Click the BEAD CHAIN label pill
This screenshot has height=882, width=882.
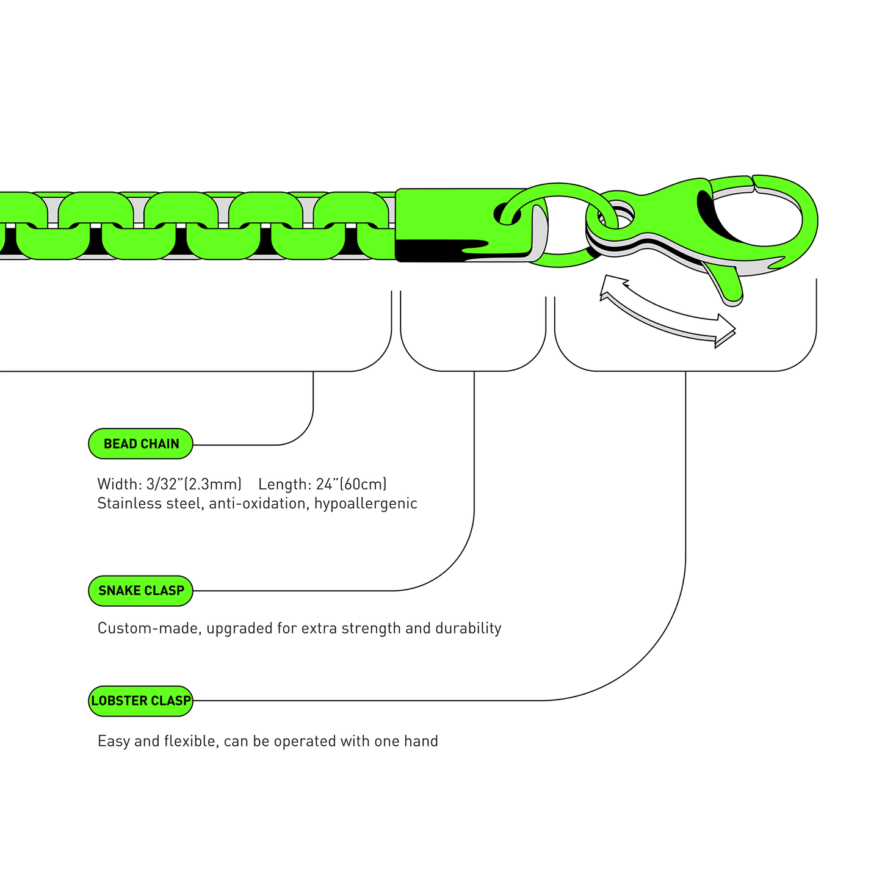(x=141, y=444)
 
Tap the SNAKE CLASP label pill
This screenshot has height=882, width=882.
(x=141, y=590)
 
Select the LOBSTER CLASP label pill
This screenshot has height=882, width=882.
(x=141, y=701)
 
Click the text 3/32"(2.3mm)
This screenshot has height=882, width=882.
(x=194, y=484)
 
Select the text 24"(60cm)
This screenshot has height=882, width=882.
(x=351, y=484)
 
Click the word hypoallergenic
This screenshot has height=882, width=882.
(x=366, y=504)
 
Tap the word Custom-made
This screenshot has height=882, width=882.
(x=149, y=628)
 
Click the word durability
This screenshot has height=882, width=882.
(x=468, y=628)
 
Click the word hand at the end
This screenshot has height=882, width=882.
(x=421, y=741)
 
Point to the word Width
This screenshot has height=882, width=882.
(x=118, y=484)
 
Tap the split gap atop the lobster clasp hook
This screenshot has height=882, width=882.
(x=753, y=181)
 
